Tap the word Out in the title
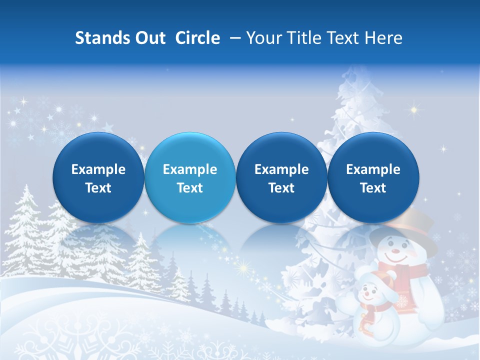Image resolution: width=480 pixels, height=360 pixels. pos(149,38)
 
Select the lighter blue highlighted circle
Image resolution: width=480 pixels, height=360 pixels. pos(190,177)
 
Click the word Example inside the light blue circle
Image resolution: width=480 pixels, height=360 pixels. pos(190,169)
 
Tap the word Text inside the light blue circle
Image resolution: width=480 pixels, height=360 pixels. pos(190,188)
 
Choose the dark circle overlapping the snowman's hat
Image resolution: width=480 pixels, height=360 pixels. pos(373,177)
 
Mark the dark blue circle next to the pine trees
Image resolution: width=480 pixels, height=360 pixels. pos(98,177)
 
